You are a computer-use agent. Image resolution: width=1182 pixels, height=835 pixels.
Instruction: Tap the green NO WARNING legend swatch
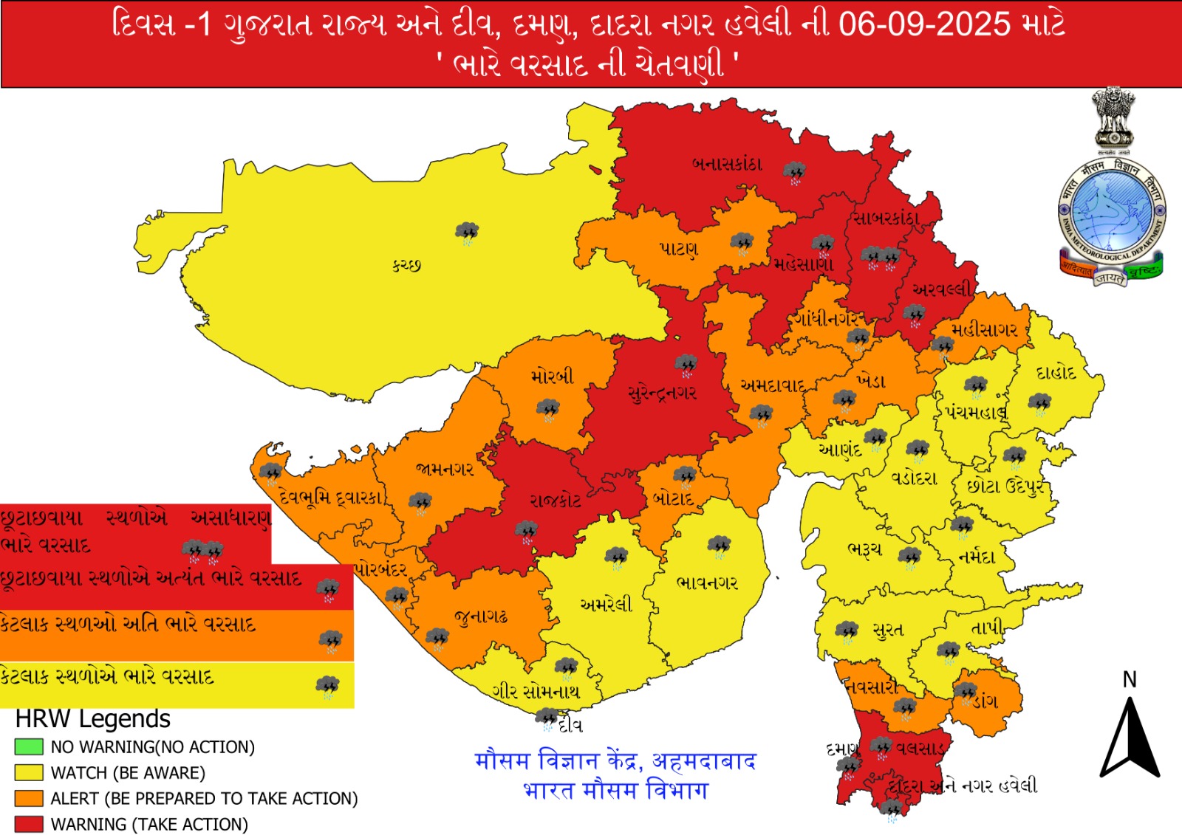point(29,746)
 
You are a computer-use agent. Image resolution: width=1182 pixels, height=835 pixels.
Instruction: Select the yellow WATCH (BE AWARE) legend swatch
point(29,772)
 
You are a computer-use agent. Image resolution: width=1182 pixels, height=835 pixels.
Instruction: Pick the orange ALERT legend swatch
point(29,798)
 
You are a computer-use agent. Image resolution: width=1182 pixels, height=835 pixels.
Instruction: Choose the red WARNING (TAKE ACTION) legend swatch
point(29,824)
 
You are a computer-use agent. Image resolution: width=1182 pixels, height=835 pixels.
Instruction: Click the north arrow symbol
point(1130,738)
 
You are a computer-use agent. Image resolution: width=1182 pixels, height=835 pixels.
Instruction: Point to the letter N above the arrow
point(1130,679)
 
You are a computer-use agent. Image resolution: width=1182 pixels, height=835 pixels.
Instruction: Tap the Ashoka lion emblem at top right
point(1113,118)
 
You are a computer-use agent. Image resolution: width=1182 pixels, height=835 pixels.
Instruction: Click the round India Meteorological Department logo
point(1111,214)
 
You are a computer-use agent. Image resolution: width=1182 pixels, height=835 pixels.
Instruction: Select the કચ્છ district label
point(407,264)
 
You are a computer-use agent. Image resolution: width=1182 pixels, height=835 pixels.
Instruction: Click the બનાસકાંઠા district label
point(727,164)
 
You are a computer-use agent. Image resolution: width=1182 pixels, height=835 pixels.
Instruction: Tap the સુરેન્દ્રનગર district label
point(662,393)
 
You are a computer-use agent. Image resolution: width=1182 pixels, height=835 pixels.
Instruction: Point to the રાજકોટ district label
point(556,501)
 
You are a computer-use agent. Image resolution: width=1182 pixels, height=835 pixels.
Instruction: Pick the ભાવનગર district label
point(707,583)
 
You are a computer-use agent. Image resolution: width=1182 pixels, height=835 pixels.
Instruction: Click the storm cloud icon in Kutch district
point(467,233)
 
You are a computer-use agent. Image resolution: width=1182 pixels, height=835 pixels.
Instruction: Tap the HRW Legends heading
point(93,718)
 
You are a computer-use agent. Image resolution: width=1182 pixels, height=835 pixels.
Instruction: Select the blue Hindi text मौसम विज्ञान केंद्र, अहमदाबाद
point(615,760)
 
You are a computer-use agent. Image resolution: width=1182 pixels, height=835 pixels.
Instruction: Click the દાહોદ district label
point(1056,372)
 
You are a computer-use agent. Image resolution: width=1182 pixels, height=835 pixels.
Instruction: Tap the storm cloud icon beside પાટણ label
point(742,243)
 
